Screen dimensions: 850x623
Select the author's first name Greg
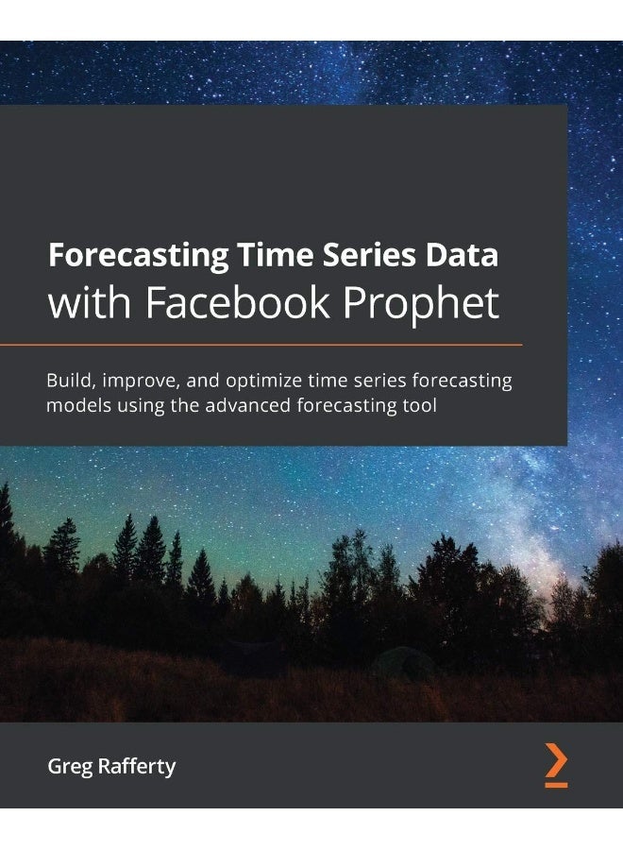(68, 766)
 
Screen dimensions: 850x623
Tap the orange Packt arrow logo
(556, 759)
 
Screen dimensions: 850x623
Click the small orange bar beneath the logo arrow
(556, 784)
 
